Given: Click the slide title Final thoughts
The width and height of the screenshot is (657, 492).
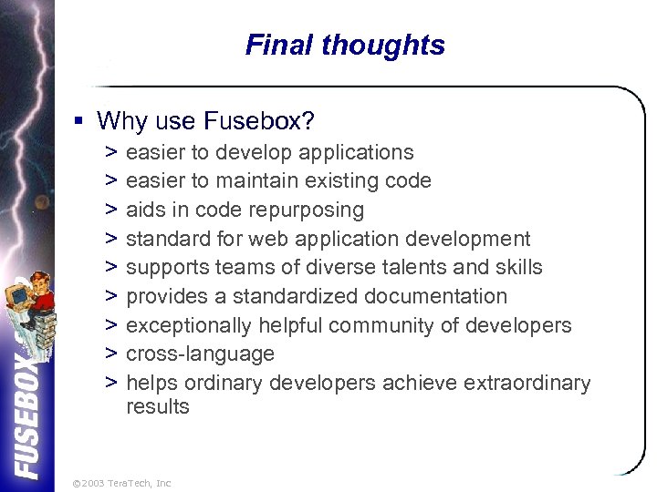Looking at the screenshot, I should [x=345, y=45].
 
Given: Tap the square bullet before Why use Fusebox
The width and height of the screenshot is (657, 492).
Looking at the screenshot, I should [x=80, y=121].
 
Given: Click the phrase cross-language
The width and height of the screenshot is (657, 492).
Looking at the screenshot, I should [x=200, y=354].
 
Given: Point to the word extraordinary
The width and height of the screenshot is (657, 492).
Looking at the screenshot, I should [x=527, y=384].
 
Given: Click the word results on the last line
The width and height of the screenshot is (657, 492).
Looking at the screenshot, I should [x=158, y=406].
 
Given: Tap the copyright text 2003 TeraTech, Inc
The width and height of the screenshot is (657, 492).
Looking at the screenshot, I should [x=121, y=483].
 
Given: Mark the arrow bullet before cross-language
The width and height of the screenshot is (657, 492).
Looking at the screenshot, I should [x=110, y=354].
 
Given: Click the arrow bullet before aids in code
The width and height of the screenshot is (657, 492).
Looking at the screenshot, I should [x=110, y=210].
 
